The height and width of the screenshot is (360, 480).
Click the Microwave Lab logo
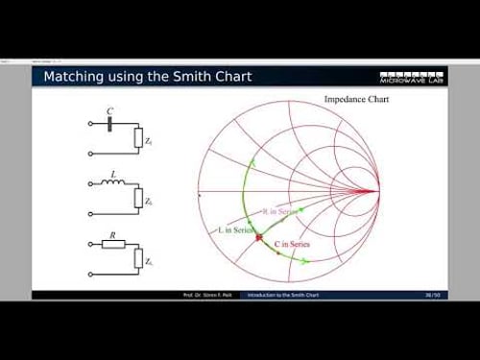coord(413,76)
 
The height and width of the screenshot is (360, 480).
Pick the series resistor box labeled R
coord(113,244)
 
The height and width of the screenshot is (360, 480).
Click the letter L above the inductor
coord(113,173)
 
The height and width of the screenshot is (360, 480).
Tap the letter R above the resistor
coord(113,233)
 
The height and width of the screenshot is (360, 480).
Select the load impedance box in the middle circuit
coord(138,199)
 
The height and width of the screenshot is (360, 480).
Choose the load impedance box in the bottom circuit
coord(138,259)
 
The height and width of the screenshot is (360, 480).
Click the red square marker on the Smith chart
coord(258,236)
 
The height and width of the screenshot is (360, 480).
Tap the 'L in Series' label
coord(233,229)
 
